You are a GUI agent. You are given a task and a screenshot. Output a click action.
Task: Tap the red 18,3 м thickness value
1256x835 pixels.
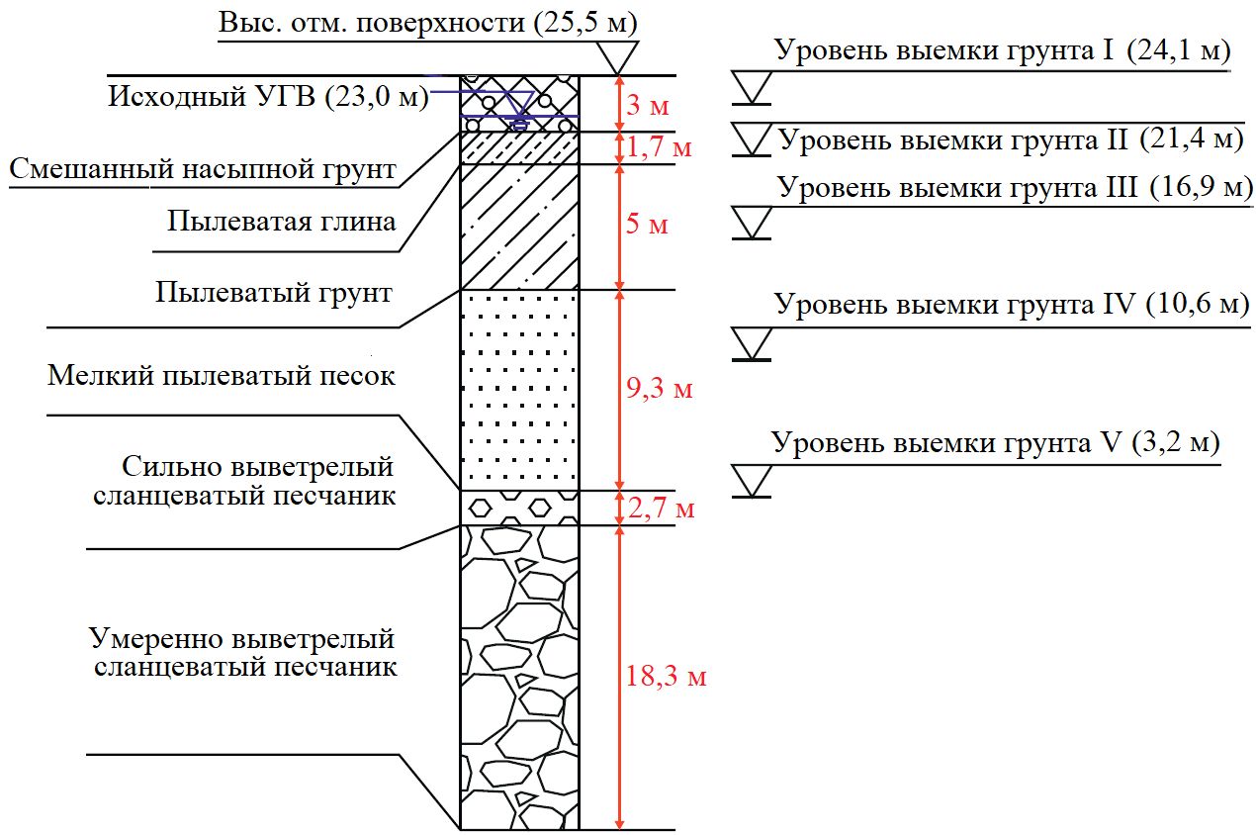pos(666,678)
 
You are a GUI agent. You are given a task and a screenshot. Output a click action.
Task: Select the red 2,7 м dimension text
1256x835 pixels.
pos(661,509)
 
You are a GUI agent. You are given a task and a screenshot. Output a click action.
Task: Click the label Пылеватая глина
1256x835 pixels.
pos(282,220)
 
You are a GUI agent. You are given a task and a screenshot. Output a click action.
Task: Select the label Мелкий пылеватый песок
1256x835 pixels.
pos(222,376)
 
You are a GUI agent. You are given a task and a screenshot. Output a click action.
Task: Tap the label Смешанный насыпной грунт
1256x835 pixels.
pos(203,170)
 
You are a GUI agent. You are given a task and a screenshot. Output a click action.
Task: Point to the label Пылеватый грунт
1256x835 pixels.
pos(274,293)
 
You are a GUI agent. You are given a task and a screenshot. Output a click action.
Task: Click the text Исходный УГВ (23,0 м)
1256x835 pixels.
pos(267,97)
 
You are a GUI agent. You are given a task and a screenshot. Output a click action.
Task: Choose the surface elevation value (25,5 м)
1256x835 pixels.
pos(585,22)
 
